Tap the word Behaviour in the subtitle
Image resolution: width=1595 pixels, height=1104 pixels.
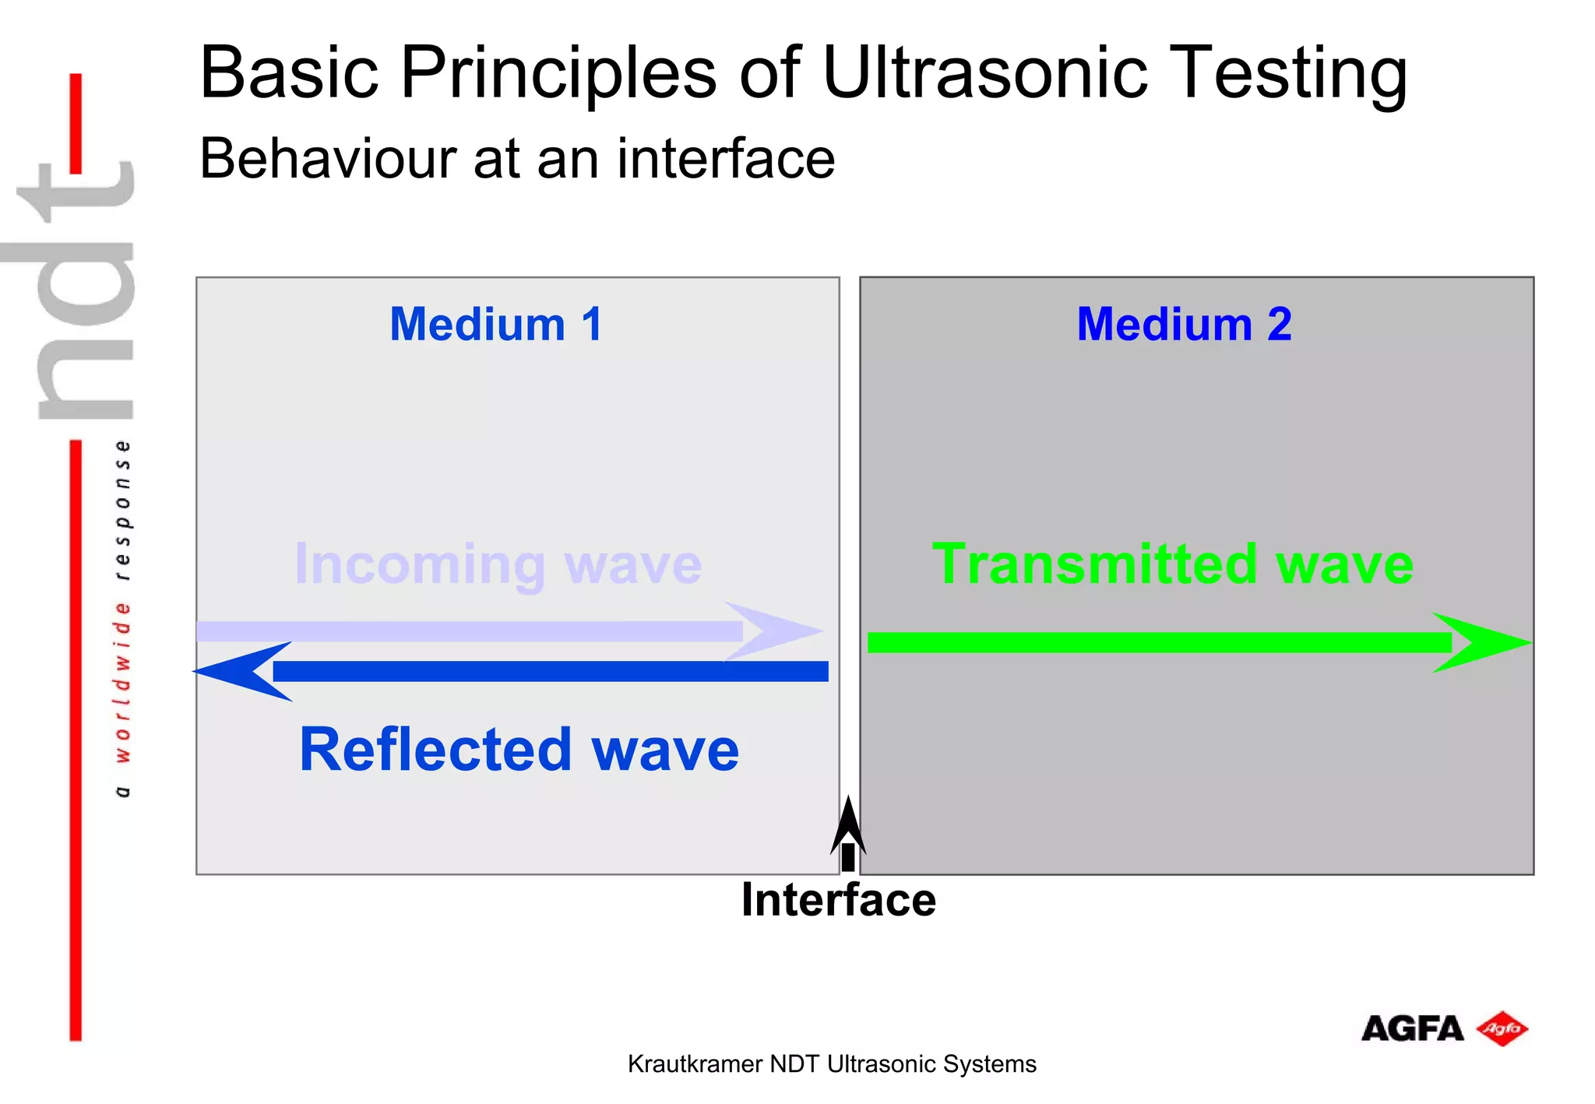(328, 159)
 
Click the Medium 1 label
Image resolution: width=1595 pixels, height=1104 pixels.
(496, 324)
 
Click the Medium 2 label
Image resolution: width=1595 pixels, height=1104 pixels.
(1184, 324)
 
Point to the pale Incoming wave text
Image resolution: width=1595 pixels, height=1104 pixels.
(498, 564)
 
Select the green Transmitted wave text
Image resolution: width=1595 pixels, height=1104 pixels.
(1172, 564)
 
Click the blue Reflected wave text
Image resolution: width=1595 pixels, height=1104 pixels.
(519, 749)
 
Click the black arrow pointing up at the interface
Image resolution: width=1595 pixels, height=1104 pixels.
(848, 833)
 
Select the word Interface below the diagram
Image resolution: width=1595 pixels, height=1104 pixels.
(838, 900)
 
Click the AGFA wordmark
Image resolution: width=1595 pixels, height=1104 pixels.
(1411, 1029)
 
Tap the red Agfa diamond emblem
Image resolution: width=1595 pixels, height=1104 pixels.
(1502, 1029)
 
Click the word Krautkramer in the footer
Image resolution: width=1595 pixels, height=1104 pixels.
(695, 1064)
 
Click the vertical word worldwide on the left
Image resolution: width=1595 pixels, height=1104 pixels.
(122, 681)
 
